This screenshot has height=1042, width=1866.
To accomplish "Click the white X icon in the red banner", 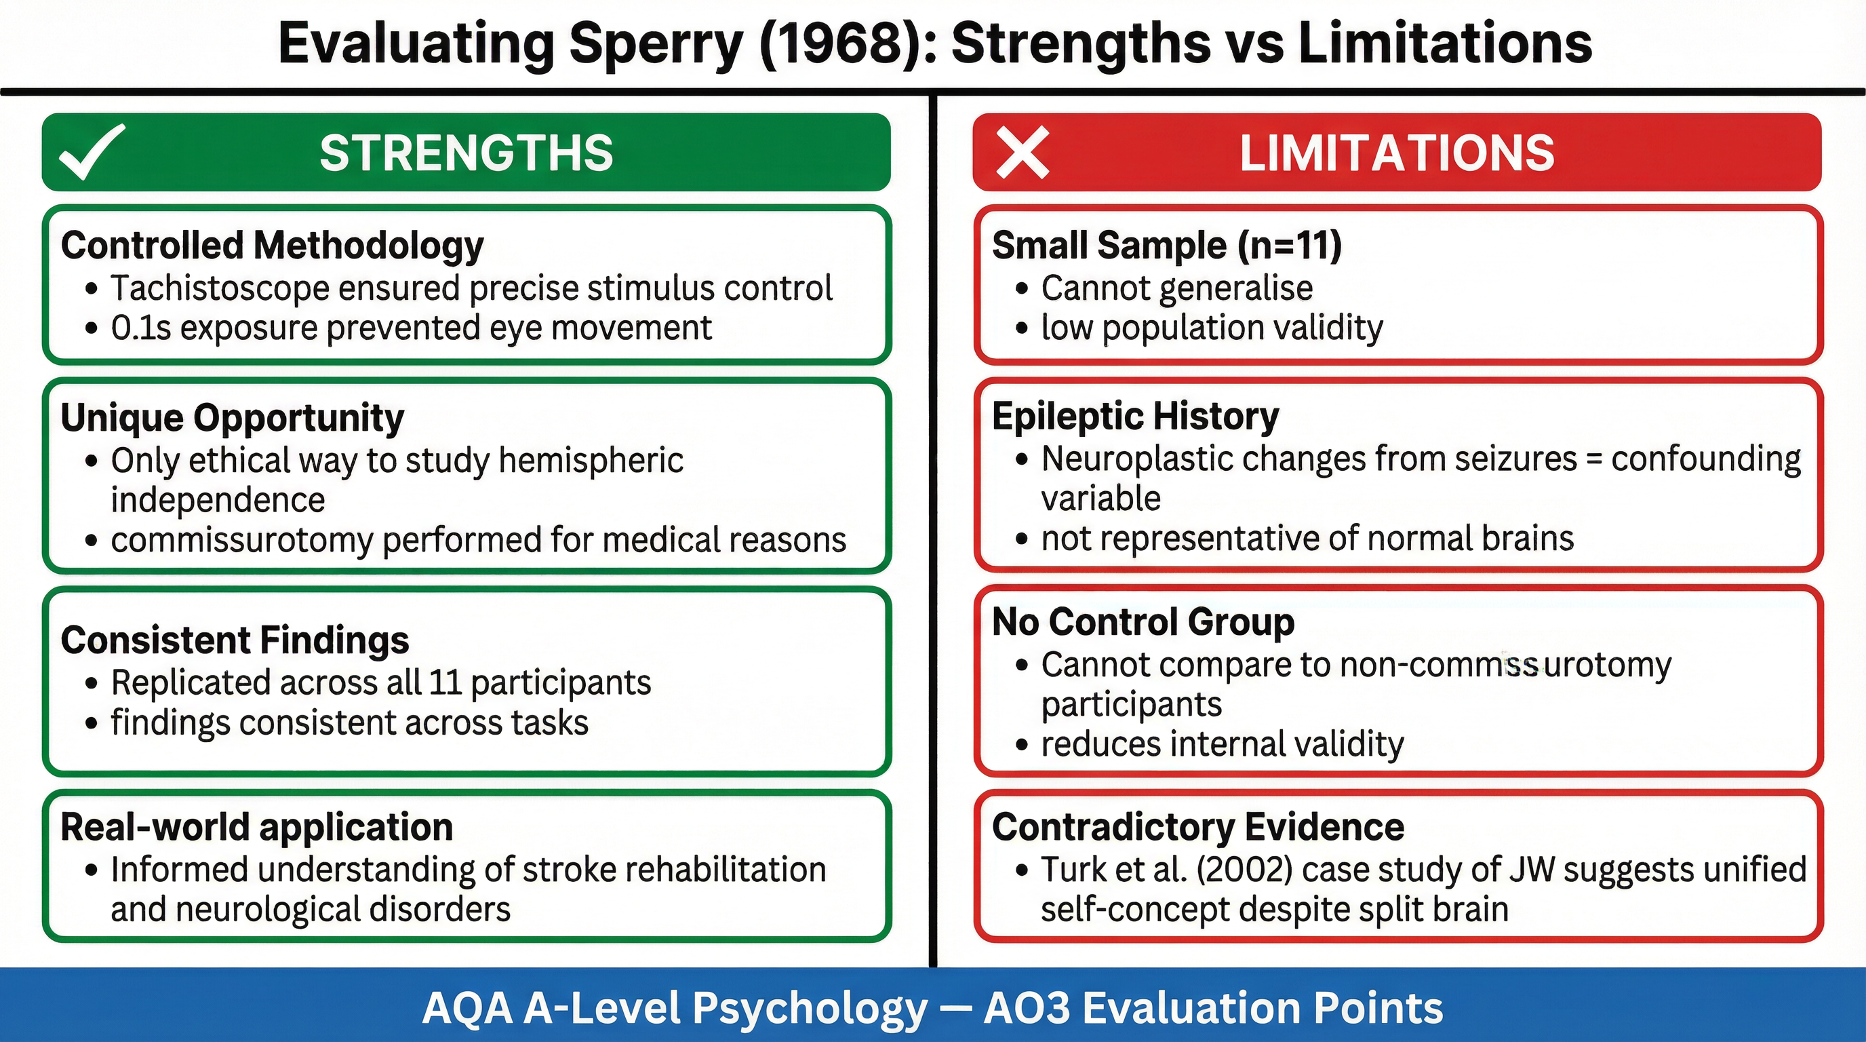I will tap(1022, 152).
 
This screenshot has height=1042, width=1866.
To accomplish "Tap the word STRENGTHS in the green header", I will tap(466, 153).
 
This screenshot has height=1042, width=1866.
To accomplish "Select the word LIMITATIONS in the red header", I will tap(1397, 153).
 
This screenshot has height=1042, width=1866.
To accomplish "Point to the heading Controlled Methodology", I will tap(272, 245).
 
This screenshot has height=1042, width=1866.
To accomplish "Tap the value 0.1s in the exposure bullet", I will tap(140, 328).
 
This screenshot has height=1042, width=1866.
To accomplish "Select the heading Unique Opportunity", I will tap(232, 417).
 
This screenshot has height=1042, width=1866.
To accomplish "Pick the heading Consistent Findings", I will tap(235, 640).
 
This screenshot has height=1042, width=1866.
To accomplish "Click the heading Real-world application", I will tap(256, 827).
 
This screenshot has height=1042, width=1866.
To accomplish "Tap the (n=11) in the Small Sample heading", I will tap(1289, 245).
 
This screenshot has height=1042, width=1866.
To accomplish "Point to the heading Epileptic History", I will tap(1135, 416).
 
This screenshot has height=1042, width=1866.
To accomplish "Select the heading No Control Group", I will tap(1143, 621).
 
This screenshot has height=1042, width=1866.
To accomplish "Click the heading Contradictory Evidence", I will tap(1198, 827).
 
